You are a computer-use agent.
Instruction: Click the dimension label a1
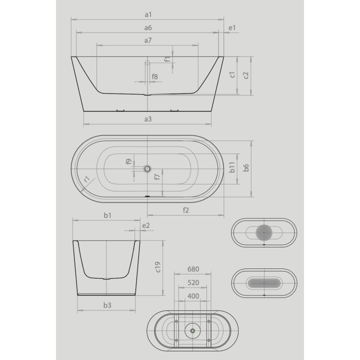tap(148, 15)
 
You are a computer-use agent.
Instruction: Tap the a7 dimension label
tap(148, 40)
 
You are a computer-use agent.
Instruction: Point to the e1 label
tap(231, 28)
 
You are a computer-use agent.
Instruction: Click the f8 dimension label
tap(155, 76)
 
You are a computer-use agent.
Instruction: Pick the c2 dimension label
tap(245, 75)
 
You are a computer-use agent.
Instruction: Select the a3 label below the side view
tap(148, 119)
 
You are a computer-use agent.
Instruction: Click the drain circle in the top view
tap(147, 169)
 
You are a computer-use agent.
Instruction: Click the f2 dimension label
tap(185, 210)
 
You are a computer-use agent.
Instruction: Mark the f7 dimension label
tap(157, 177)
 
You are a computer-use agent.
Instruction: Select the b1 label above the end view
tap(107, 215)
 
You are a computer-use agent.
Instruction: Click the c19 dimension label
tap(157, 267)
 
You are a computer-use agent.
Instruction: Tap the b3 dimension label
tap(107, 304)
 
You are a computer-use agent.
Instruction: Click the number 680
tap(193, 269)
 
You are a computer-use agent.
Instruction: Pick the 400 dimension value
tap(193, 296)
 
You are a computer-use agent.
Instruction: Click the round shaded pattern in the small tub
tap(264, 232)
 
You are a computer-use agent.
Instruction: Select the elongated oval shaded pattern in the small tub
tap(264, 283)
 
